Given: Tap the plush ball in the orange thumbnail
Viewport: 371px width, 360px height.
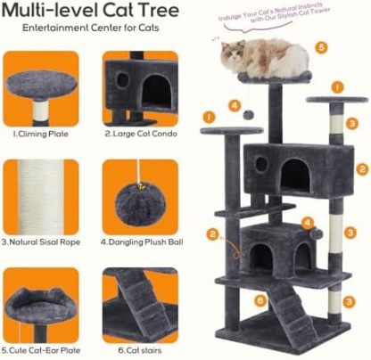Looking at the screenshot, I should coord(141,196).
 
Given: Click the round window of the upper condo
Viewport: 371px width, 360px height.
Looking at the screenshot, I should coord(260,165).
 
